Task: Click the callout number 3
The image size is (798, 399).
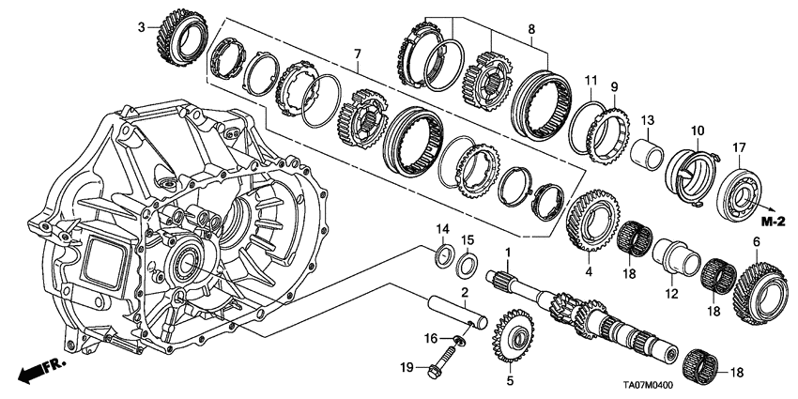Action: point(143,27)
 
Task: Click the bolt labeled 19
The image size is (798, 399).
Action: point(442,365)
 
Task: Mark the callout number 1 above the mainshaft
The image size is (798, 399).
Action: point(508,253)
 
